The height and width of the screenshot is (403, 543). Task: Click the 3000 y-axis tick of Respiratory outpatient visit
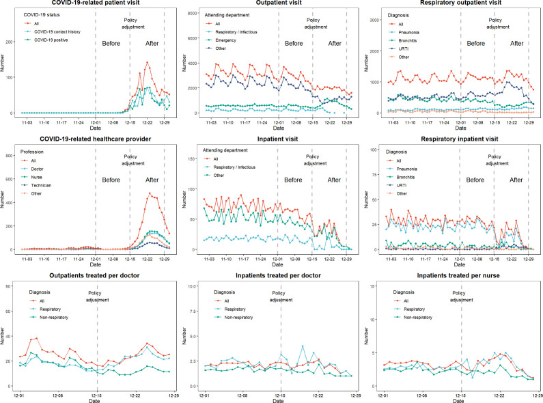click(x=375, y=20)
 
